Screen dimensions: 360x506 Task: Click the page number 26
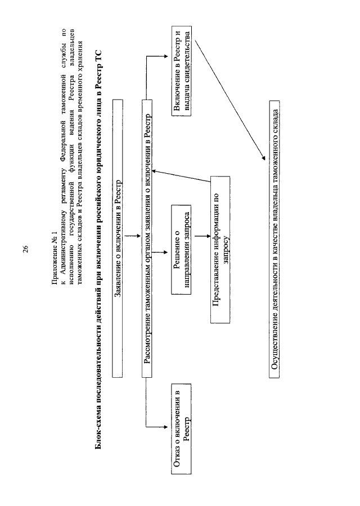[25, 249]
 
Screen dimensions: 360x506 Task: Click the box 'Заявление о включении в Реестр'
[118, 238]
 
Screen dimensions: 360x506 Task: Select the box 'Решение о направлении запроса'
[181, 250]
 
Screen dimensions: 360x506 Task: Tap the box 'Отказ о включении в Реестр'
[181, 428]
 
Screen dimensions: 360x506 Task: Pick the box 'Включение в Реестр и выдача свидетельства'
[181, 71]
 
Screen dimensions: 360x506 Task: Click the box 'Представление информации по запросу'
[220, 250]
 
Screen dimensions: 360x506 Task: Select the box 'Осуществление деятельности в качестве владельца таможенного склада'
[274, 239]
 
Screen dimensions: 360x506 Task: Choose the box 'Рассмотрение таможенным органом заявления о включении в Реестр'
[147, 238]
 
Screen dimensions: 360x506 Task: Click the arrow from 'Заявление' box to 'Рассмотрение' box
[132, 236]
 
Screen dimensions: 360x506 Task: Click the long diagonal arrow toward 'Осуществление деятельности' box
[229, 100]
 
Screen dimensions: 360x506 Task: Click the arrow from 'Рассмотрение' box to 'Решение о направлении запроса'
[158, 252]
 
